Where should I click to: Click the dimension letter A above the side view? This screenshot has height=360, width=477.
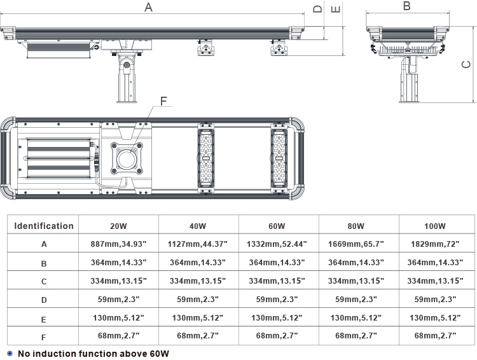point(148,7)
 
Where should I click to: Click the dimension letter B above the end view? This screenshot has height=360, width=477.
point(407,6)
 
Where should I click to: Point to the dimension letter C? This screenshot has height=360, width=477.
point(466,64)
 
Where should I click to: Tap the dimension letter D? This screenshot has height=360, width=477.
point(317,8)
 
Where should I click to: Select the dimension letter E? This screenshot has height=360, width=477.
point(336,9)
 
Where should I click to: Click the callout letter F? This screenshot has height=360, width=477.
point(163,101)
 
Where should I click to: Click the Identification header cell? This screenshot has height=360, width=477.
point(44,226)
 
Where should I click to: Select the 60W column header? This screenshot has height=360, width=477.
point(277,226)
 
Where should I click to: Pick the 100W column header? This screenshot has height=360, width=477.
point(435,226)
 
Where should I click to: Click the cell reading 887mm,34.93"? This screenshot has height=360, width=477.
point(119,244)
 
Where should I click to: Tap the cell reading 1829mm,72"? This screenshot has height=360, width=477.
point(435,244)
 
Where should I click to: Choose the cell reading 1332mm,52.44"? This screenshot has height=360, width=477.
point(277,244)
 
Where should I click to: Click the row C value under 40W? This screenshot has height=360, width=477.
point(198,280)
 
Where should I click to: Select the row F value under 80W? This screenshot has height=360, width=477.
point(356,336)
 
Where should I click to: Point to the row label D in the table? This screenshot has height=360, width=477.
point(44,300)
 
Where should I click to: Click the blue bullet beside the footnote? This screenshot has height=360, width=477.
point(10,354)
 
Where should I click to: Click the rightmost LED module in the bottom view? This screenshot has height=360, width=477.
point(279,158)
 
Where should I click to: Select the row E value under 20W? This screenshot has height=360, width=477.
point(119,317)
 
